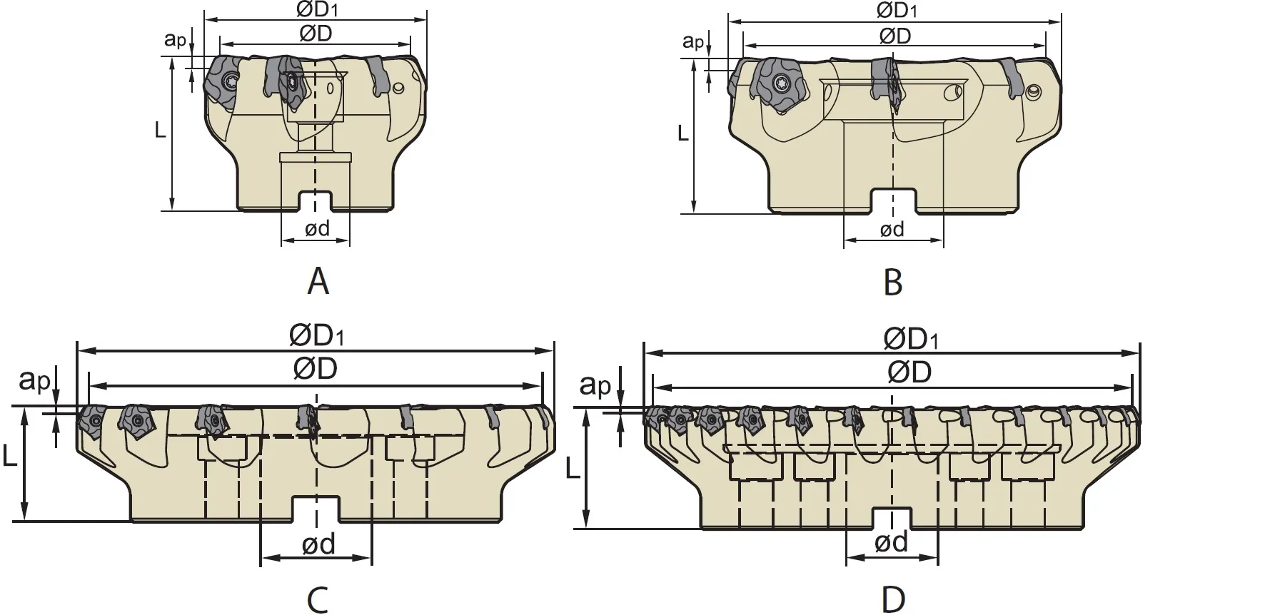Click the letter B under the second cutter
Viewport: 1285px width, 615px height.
tap(893, 283)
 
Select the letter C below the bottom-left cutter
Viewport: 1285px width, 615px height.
tap(318, 599)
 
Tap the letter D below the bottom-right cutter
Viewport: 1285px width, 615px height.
tap(893, 599)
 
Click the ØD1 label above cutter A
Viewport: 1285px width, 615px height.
tap(315, 10)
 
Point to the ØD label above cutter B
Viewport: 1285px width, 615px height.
tap(895, 36)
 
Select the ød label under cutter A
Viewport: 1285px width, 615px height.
tap(317, 228)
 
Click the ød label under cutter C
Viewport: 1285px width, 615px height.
tap(318, 544)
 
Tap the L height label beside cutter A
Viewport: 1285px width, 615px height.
tap(161, 129)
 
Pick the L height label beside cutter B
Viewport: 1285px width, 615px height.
tap(683, 133)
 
